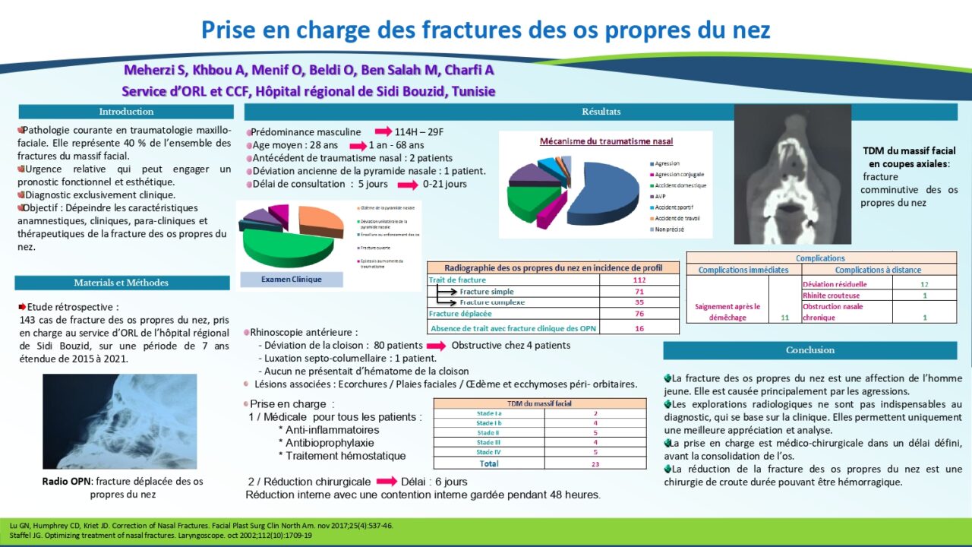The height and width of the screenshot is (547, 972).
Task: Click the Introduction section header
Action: point(125,112)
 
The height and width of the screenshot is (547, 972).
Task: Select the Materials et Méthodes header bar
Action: point(121,283)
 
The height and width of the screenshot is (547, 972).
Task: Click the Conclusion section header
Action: point(809,350)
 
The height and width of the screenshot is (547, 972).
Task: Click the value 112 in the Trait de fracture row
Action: point(639,280)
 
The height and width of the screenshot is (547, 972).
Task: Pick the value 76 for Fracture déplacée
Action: point(639,314)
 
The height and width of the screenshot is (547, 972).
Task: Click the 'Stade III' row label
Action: point(488,442)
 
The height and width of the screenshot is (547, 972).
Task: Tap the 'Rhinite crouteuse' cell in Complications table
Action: point(831,296)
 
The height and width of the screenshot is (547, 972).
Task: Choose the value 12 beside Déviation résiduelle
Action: point(924,284)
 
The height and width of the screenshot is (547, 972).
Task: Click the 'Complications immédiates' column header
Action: point(743,270)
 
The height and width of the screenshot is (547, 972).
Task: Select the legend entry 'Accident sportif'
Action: point(671,207)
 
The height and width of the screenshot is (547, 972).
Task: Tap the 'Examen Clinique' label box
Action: point(291,280)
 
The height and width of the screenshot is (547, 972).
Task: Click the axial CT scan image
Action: point(792,173)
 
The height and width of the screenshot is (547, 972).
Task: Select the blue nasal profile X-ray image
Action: point(119,421)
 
